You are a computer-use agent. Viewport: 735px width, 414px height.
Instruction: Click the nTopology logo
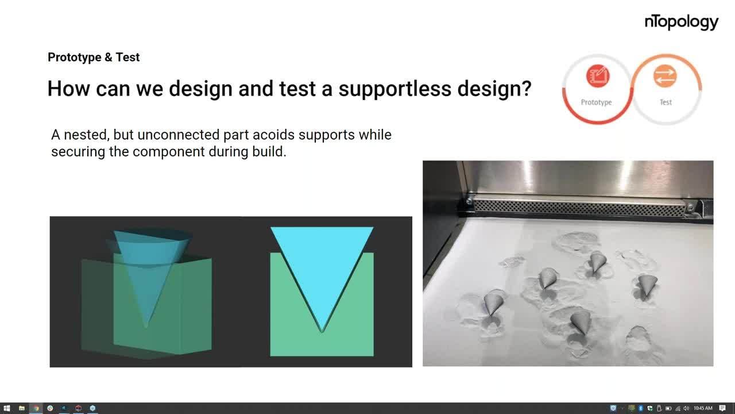coord(682,22)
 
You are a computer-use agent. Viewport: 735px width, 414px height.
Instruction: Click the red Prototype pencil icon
coord(598,76)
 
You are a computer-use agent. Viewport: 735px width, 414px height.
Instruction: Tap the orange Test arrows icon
coord(665,76)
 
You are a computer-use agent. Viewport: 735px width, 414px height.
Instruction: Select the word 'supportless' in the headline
coord(394,89)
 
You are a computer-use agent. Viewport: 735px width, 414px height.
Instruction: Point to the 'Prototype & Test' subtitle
coord(94,57)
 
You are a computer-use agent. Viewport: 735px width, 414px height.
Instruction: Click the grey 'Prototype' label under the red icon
coord(596,102)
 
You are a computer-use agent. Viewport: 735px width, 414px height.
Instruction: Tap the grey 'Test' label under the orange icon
coord(666,102)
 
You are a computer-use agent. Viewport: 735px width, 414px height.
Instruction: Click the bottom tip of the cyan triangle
coord(322,332)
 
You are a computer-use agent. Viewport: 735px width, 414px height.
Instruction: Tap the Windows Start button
coord(6,408)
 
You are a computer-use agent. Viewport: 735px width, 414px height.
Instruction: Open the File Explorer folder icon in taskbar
coord(22,408)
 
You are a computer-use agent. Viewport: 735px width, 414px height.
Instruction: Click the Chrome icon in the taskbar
coord(50,408)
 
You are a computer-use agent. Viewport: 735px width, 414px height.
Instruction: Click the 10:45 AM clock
coord(703,408)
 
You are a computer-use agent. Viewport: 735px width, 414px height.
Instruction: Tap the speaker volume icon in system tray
coord(686,408)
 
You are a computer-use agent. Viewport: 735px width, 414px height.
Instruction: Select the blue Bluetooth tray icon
coord(640,408)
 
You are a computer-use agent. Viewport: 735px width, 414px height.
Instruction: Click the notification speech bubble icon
coord(722,408)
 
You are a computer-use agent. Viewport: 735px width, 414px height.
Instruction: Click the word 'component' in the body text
coord(169,152)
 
